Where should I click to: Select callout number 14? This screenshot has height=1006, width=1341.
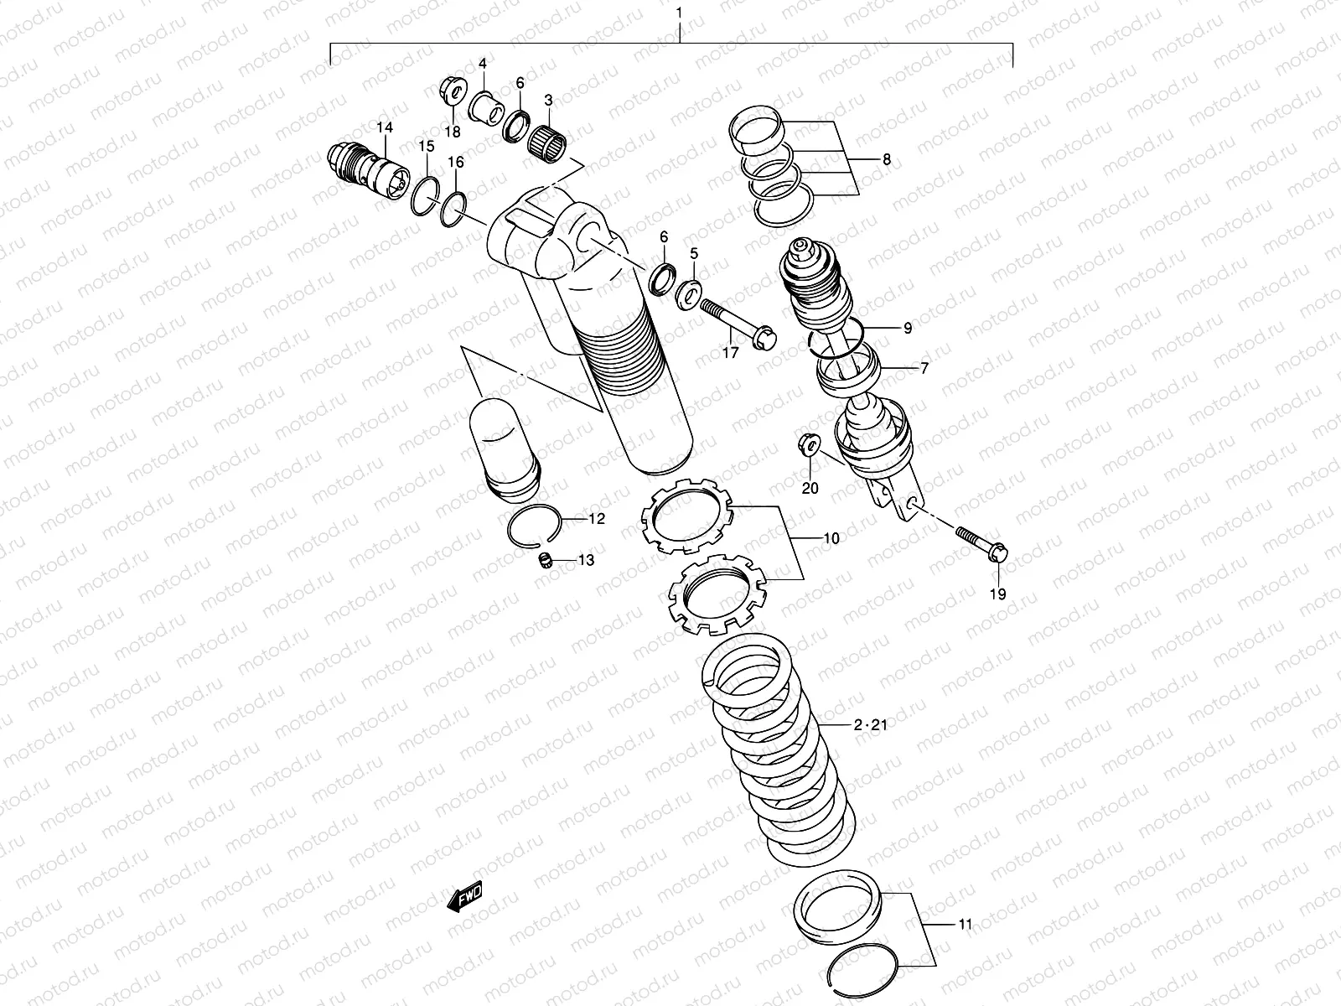(384, 127)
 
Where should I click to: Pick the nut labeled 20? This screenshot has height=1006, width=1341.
(809, 444)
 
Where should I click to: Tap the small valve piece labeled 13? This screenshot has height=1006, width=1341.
(546, 560)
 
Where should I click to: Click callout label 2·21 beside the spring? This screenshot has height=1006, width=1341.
(870, 725)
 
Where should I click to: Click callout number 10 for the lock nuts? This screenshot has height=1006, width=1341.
(831, 538)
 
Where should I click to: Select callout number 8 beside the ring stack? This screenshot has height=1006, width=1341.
(886, 160)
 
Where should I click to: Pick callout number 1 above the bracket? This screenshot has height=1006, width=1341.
(679, 13)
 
